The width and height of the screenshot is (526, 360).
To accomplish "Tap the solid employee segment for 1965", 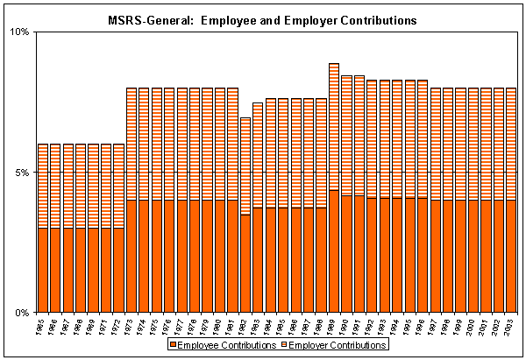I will [x=43, y=271].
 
